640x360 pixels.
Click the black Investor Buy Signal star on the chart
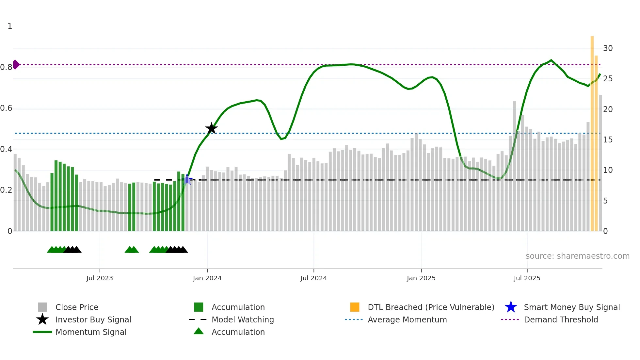click(x=211, y=128)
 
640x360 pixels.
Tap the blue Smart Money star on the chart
click(x=187, y=179)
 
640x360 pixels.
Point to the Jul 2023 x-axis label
click(x=100, y=278)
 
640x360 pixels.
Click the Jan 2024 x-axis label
click(x=207, y=278)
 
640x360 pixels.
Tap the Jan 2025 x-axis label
click(x=421, y=278)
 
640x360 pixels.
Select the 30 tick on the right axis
click(x=608, y=48)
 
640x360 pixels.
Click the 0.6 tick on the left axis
click(x=6, y=108)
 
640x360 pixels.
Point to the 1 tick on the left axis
click(x=10, y=26)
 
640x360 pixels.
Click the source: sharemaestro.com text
click(x=577, y=256)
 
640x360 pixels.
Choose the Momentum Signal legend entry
click(x=91, y=332)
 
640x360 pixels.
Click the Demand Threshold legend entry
click(x=561, y=319)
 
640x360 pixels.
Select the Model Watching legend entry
click(x=242, y=319)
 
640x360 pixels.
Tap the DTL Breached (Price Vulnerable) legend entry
click(x=431, y=307)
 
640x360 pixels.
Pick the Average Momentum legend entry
click(x=407, y=319)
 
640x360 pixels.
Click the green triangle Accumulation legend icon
click(x=199, y=331)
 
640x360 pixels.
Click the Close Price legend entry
click(x=77, y=307)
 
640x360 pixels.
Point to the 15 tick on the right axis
click(x=608, y=140)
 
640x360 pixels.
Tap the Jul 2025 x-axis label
click(x=527, y=278)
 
